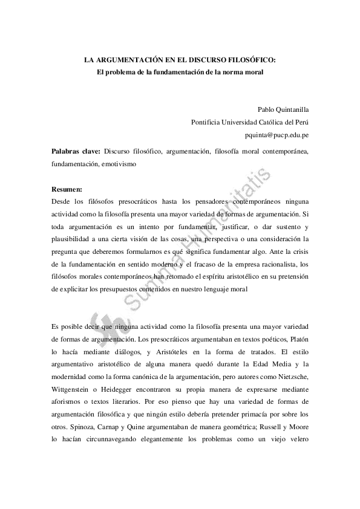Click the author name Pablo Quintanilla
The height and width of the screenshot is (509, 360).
(283, 109)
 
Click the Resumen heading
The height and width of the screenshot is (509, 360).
(67, 189)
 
